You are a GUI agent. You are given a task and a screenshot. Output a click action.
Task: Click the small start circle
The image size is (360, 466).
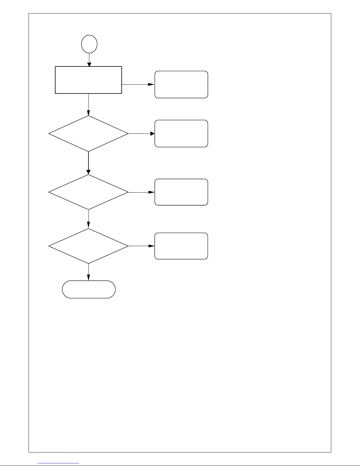[x=89, y=44]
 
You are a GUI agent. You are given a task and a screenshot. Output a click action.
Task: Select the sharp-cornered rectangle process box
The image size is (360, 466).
[x=88, y=80]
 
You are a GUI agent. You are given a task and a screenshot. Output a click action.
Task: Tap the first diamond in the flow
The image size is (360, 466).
[x=88, y=134]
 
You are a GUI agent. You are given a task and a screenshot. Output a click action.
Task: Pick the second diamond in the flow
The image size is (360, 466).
[x=88, y=192]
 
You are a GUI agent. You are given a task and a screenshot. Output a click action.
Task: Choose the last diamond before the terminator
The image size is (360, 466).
[x=88, y=246]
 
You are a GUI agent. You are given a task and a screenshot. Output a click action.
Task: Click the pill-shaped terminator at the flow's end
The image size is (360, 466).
[x=89, y=289]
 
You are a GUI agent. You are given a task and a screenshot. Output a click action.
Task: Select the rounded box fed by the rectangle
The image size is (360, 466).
[x=181, y=84]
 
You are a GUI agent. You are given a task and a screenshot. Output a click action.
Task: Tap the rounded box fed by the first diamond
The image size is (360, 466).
[x=181, y=133]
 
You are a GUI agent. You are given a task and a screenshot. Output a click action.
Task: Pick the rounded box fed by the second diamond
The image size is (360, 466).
[x=181, y=192]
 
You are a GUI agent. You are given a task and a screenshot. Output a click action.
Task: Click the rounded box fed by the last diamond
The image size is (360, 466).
[x=181, y=246]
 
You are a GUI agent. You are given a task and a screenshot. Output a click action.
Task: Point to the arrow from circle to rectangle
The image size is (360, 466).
[x=89, y=60]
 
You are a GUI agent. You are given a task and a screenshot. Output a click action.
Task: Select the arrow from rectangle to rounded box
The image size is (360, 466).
[x=138, y=84]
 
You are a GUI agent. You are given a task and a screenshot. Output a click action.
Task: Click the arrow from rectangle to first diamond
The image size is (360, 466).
[x=88, y=104]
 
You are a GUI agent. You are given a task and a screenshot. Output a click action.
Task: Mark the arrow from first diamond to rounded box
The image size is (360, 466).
[x=141, y=133]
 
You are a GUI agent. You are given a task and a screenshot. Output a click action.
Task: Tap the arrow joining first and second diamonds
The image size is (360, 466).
[x=88, y=163]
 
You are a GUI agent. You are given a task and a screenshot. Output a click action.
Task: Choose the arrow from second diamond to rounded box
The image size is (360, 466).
[x=141, y=192]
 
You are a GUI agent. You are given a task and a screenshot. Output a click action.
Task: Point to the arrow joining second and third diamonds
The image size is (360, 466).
[x=88, y=219]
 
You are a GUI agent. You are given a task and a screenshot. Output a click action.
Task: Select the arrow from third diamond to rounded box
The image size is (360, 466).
[x=141, y=246]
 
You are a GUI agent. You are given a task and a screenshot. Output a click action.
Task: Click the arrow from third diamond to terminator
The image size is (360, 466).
[x=88, y=272]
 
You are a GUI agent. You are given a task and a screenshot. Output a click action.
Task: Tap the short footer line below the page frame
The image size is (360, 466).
[x=58, y=463]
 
